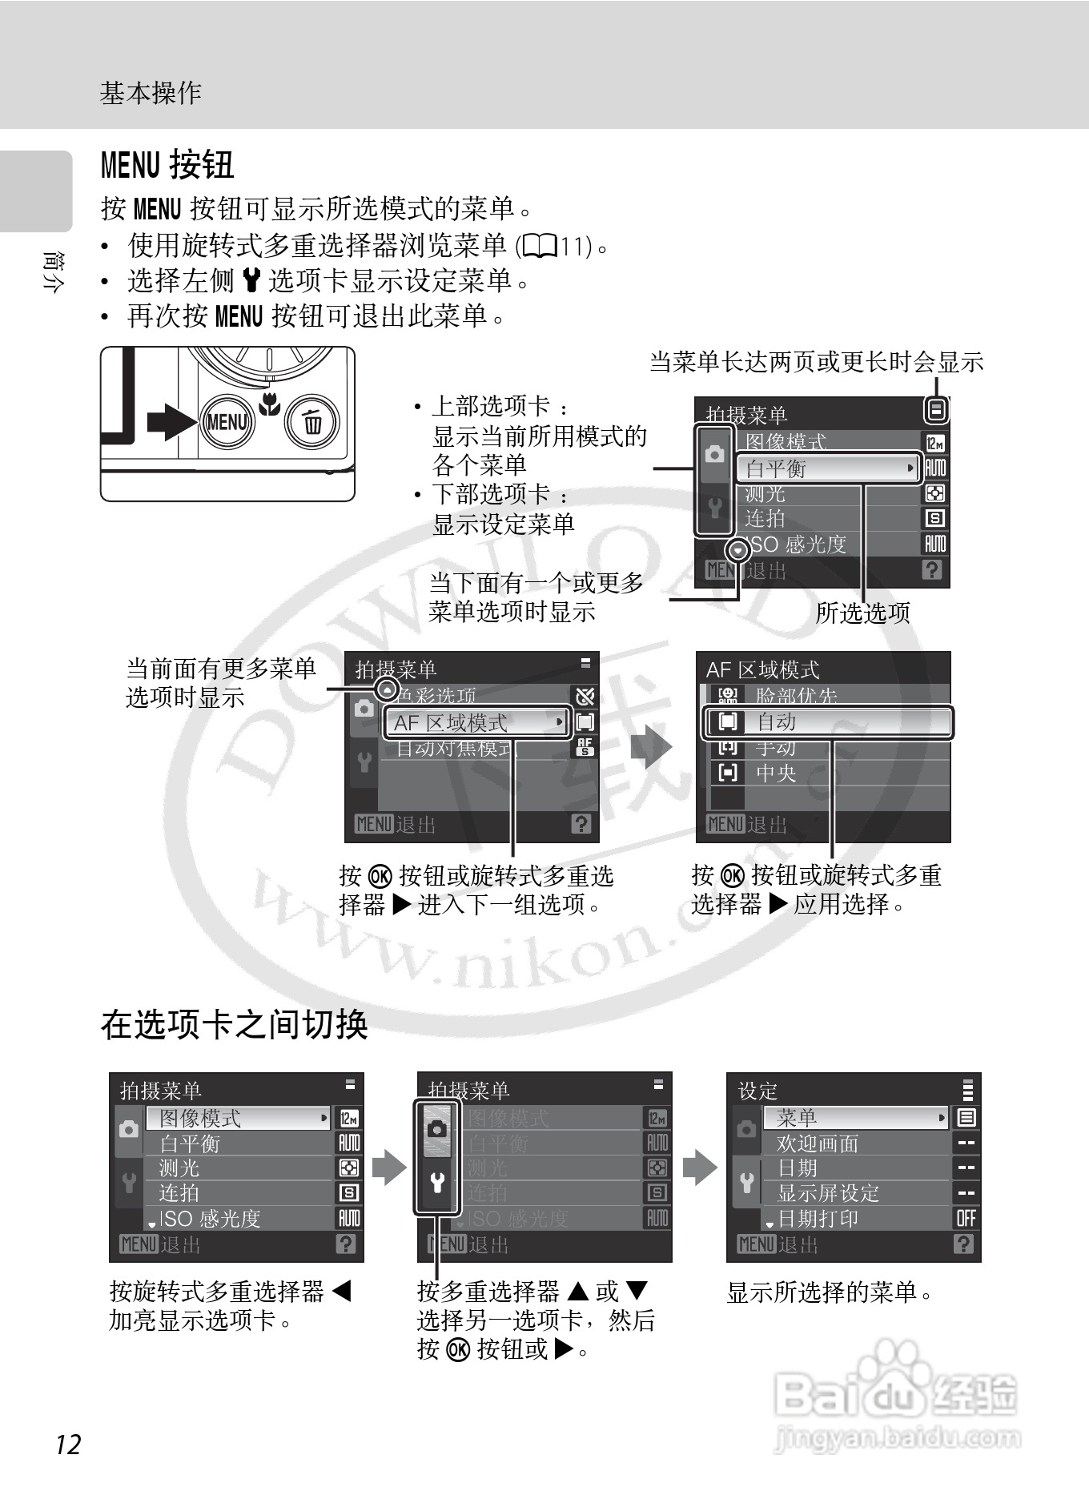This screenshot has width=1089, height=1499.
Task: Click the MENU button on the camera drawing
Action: (227, 421)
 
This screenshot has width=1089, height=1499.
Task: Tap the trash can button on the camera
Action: (313, 421)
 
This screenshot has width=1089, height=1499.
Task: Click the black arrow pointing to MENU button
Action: (171, 421)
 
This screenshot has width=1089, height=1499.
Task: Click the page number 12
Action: (68, 1444)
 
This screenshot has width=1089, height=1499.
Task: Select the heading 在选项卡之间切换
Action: (234, 1024)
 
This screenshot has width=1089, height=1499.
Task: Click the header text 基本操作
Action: (151, 93)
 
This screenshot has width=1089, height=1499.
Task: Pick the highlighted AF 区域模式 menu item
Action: (476, 722)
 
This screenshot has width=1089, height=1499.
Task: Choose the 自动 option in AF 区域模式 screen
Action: (829, 721)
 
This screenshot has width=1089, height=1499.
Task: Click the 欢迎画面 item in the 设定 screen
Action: (817, 1143)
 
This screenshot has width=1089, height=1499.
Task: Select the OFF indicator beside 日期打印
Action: (966, 1218)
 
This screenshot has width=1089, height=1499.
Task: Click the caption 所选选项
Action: (862, 613)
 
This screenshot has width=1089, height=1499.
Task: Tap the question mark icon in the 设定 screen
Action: (964, 1244)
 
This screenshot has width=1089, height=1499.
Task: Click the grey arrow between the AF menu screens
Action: (650, 748)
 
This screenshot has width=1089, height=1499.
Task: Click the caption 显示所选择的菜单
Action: (829, 1292)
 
